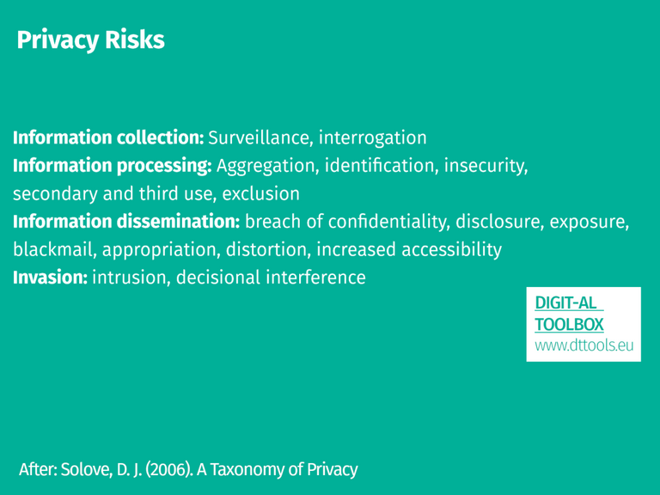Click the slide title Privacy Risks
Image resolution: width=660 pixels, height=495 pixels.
pyautogui.click(x=89, y=40)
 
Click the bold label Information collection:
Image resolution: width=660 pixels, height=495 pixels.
pyautogui.click(x=107, y=137)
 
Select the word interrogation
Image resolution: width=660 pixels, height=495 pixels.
pyautogui.click(x=373, y=137)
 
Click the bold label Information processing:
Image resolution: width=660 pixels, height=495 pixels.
pyautogui.click(x=112, y=165)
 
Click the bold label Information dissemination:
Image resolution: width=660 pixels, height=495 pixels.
pyautogui.click(x=125, y=222)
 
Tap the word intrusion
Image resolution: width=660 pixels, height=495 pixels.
pyautogui.click(x=129, y=278)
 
